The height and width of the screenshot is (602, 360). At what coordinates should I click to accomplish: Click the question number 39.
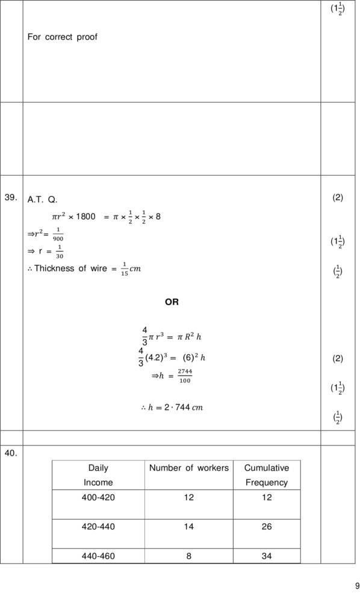tap(10, 197)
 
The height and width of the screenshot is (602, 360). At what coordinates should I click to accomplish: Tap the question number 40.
tap(10, 453)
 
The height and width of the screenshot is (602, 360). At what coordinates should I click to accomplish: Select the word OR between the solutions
tap(172, 302)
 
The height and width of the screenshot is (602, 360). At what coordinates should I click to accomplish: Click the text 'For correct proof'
tap(62, 37)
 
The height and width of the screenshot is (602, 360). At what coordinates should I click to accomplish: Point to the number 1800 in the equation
tap(85, 217)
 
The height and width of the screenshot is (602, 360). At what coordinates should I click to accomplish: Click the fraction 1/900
tap(58, 234)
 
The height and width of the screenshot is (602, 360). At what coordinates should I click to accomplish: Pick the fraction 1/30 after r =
tap(59, 252)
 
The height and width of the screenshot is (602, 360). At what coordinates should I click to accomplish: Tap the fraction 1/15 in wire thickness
tap(125, 268)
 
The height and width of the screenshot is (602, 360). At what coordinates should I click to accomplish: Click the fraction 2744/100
tap(184, 376)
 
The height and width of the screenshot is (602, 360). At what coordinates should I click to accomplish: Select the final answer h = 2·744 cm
tap(172, 408)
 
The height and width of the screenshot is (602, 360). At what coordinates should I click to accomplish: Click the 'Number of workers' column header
tap(189, 468)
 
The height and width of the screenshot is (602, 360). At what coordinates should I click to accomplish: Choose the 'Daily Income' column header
tap(98, 475)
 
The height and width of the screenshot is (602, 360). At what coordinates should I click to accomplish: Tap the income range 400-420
tap(98, 497)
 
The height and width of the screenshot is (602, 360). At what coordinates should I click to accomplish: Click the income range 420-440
tap(98, 527)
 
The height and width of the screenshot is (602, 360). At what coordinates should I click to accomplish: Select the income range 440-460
tap(98, 556)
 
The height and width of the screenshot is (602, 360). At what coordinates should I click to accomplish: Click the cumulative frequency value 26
tap(267, 527)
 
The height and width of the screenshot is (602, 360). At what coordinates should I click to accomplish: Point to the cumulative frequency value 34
tap(267, 556)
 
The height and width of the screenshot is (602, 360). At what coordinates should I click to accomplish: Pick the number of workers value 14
tap(189, 527)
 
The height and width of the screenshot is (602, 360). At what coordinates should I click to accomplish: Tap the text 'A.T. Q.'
tap(43, 199)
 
